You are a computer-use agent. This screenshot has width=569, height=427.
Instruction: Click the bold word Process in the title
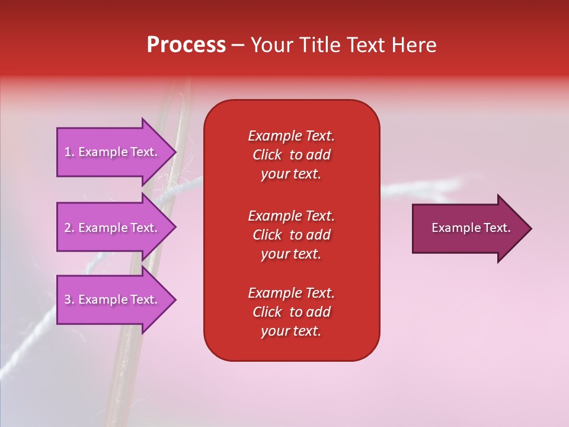pos(186,45)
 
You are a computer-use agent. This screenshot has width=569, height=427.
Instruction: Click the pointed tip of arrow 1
pos(174,152)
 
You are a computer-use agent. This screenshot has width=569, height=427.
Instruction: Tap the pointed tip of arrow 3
pos(174,299)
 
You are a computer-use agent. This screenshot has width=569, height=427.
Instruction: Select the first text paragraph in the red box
pos(291,155)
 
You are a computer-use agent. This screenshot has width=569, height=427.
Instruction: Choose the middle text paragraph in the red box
pos(291,235)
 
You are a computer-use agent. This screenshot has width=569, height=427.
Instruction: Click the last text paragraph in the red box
pos(291,312)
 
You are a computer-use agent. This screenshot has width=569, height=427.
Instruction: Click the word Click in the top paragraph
pos(267,155)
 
